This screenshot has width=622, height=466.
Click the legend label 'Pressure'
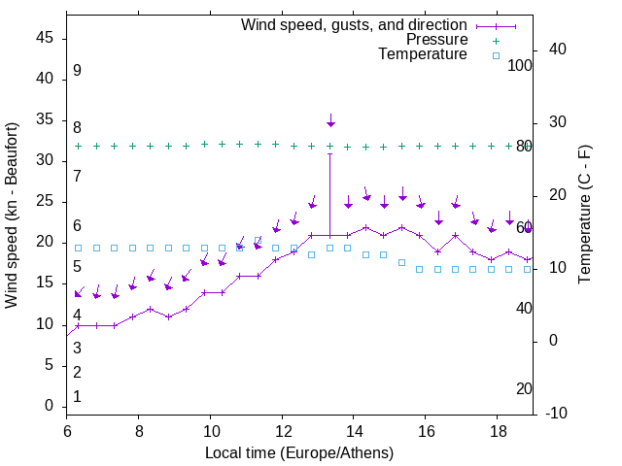click(x=436, y=40)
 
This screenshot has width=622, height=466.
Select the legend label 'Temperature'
click(x=423, y=54)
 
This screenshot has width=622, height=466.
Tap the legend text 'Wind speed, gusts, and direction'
click(x=355, y=24)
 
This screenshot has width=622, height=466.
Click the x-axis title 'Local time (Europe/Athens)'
click(x=298, y=452)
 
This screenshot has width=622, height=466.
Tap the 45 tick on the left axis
click(x=45, y=38)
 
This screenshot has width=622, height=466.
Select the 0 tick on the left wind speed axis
click(x=50, y=406)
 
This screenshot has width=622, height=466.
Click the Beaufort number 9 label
click(x=77, y=71)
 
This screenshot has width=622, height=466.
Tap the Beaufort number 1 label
click(x=77, y=396)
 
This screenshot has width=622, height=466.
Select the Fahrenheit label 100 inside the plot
click(x=521, y=65)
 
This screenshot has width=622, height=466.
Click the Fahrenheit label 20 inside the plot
click(x=524, y=388)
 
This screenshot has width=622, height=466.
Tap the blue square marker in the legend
click(x=496, y=55)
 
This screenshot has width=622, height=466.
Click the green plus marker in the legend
click(x=496, y=41)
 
